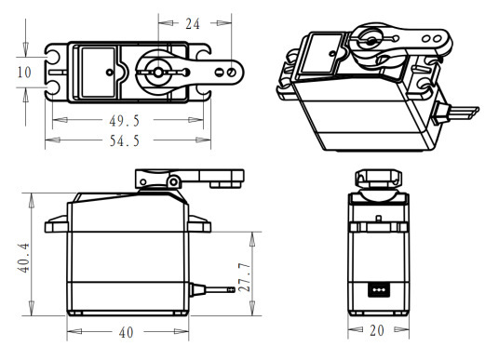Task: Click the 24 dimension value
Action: point(193,23)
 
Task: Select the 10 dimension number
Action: point(24,73)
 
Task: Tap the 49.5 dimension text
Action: point(125,121)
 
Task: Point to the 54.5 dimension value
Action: point(125,140)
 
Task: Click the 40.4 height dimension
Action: point(24,258)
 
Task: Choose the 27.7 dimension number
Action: point(244,277)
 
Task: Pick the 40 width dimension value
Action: point(127,332)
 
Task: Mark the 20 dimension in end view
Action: point(377,330)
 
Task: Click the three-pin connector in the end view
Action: point(379,290)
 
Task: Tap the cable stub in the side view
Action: point(212,290)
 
